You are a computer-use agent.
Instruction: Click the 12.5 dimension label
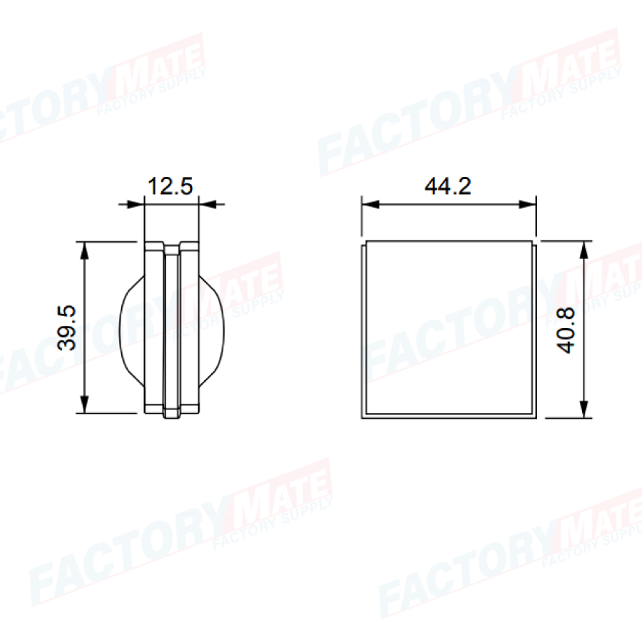click(x=170, y=186)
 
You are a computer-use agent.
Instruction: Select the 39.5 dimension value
click(x=67, y=327)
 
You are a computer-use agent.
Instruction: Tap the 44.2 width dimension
click(x=448, y=187)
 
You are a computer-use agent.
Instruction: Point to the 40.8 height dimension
click(x=566, y=330)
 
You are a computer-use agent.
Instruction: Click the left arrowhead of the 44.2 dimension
click(x=370, y=204)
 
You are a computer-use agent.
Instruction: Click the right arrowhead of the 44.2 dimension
click(x=527, y=204)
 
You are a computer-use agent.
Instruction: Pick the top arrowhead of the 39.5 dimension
click(x=84, y=250)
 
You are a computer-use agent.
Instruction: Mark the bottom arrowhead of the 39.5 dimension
click(x=84, y=404)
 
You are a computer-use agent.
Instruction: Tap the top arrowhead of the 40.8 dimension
click(x=584, y=250)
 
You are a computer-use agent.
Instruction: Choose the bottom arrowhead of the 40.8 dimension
click(x=584, y=409)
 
